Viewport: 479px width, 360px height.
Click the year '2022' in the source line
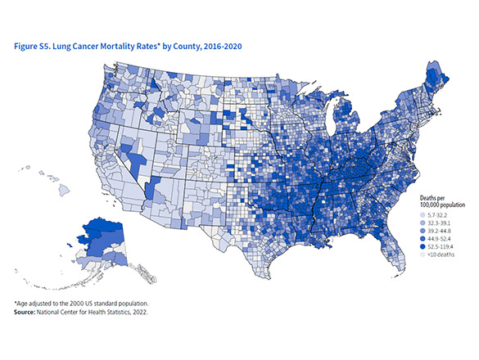(x=146, y=312)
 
